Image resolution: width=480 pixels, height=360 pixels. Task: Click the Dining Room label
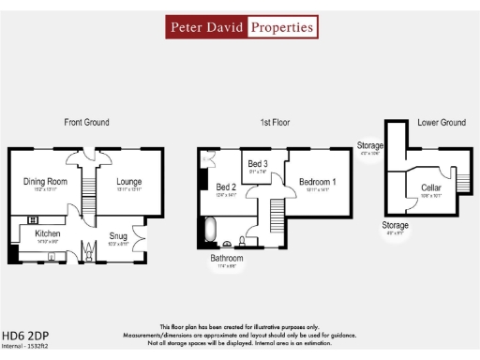pyautogui.click(x=45, y=181)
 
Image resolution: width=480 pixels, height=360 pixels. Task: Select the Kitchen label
pyautogui.click(x=48, y=232)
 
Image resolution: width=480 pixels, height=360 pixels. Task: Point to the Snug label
pyautogui.click(x=118, y=235)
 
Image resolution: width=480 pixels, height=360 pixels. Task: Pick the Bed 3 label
pyautogui.click(x=258, y=164)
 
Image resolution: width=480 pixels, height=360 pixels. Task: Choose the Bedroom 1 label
pyautogui.click(x=318, y=181)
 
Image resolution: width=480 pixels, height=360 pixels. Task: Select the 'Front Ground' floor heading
pyautogui.click(x=86, y=123)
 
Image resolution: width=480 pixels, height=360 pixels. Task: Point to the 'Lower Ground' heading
pyautogui.click(x=441, y=123)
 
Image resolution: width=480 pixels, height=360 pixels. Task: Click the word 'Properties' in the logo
pyautogui.click(x=281, y=27)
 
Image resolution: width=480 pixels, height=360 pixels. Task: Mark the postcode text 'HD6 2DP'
pyautogui.click(x=25, y=335)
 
